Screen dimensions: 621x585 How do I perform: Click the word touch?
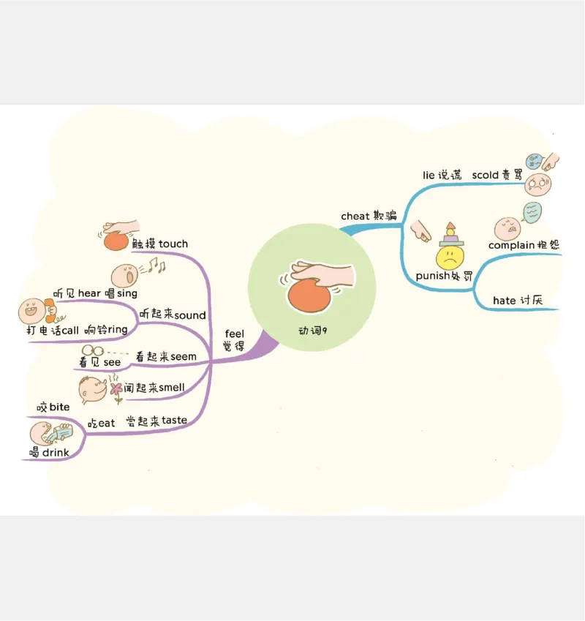point(173,244)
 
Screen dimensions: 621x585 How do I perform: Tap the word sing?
point(127,293)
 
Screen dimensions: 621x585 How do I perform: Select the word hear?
point(89,293)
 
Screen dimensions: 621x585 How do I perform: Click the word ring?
point(118,330)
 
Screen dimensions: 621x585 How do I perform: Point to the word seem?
point(184,356)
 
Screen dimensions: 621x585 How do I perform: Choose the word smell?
point(172,388)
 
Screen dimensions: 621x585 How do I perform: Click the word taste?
point(174,420)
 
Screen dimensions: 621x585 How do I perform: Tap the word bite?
point(59,407)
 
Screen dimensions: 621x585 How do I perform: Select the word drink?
point(56,453)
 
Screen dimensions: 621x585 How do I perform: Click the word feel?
point(234,334)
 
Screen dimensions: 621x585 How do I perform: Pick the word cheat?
point(355,216)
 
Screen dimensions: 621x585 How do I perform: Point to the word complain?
point(511,245)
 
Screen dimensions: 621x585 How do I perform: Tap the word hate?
point(504,300)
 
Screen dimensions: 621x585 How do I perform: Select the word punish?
point(433,276)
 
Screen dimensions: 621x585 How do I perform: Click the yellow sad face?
point(450,257)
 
